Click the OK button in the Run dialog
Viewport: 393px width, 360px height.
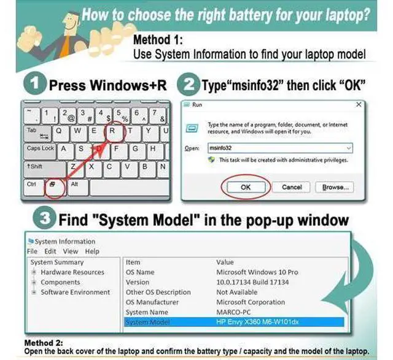pos(246,187)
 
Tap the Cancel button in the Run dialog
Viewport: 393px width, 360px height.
pos(292,187)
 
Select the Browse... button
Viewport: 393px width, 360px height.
pos(335,187)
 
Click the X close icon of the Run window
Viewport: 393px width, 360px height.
pos(359,104)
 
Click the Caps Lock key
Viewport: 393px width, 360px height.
pos(40,151)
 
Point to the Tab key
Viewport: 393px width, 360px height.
pos(38,134)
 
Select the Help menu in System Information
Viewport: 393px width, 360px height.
pos(92,251)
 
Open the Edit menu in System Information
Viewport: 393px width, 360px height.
pos(50,251)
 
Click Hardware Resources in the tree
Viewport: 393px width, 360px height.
pos(72,272)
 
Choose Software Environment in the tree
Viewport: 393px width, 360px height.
pos(75,292)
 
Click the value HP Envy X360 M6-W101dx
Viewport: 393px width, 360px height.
pos(257,322)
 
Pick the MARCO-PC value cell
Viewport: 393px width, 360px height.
pos(233,312)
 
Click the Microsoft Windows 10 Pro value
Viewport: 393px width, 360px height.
pos(257,272)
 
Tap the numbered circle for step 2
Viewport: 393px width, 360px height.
pos(189,85)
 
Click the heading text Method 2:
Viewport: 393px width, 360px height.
pos(44,342)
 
